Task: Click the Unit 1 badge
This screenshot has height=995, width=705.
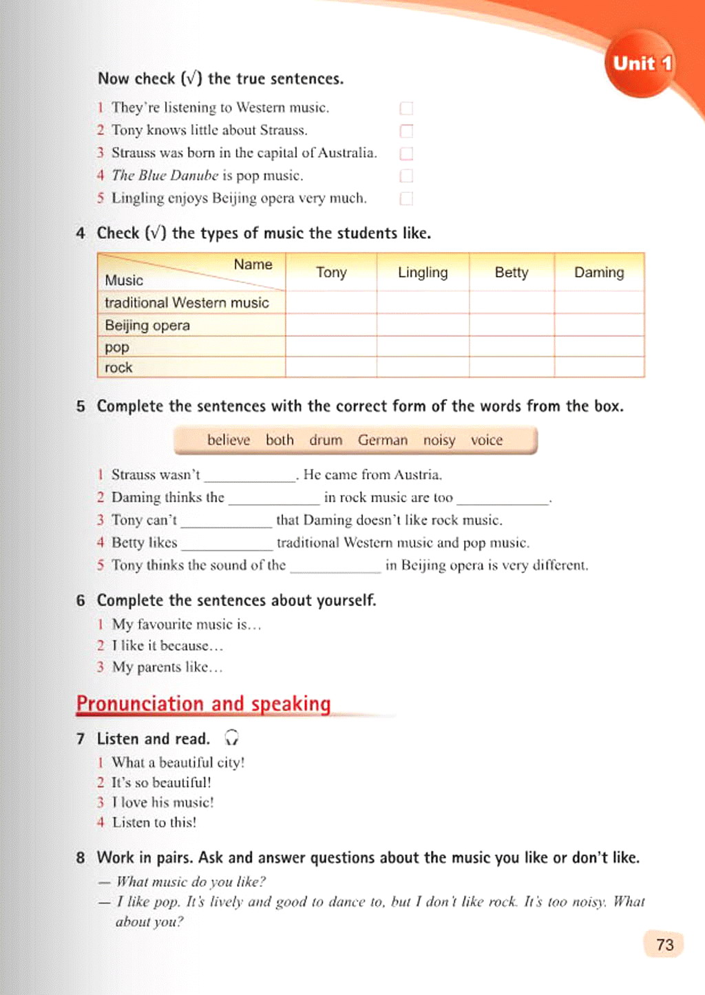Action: tap(642, 63)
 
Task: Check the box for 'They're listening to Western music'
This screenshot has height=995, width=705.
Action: tap(406, 108)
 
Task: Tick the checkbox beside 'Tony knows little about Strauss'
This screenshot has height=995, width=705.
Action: tap(406, 131)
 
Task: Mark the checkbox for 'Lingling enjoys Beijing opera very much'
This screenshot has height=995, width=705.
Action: tap(406, 198)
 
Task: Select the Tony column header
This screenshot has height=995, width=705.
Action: tap(331, 273)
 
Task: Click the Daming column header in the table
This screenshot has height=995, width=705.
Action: tap(599, 273)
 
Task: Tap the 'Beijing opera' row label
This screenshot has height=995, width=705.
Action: tap(147, 325)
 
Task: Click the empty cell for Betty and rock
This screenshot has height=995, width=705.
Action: tap(512, 367)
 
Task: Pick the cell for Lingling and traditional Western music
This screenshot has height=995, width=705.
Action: tap(423, 302)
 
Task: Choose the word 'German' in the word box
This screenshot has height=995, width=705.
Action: tap(383, 440)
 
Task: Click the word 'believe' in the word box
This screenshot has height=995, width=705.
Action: tap(229, 440)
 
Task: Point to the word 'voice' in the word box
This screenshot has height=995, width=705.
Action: tap(487, 440)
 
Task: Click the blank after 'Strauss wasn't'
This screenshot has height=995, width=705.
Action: tap(250, 476)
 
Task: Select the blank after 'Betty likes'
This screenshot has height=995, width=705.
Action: tap(227, 543)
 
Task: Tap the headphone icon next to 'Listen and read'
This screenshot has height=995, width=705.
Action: tap(232, 738)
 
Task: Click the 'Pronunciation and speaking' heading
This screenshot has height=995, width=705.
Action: tap(204, 704)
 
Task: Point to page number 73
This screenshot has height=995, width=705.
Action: tap(664, 945)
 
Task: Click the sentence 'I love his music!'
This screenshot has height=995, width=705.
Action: tap(162, 802)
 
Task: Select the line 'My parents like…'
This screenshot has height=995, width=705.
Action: tap(167, 667)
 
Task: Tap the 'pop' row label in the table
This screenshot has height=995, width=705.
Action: tap(117, 347)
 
